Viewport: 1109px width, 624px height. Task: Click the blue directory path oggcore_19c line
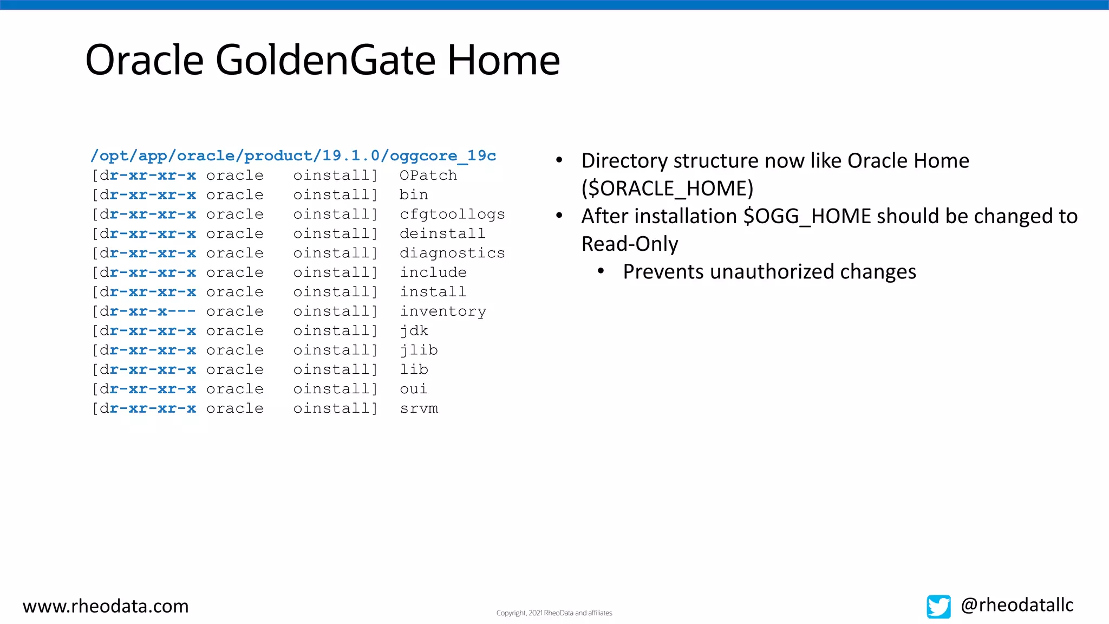point(293,156)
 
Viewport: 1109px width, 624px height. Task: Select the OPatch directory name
point(428,175)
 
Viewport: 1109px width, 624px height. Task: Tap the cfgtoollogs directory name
point(452,214)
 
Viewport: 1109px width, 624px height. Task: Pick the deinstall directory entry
point(442,234)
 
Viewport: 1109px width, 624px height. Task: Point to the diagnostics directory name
point(452,253)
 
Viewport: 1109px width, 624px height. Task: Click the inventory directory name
point(442,311)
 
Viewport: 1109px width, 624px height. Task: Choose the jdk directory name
point(414,331)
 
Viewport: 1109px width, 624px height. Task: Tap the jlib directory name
point(419,350)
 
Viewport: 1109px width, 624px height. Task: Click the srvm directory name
point(419,408)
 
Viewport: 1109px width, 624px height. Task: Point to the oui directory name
point(414,389)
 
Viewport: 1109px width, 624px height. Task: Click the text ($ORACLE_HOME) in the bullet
point(667,188)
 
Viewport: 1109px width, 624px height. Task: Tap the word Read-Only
point(629,244)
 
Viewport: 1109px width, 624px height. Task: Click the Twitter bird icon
point(938,606)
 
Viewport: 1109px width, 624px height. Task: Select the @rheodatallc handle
point(1017,605)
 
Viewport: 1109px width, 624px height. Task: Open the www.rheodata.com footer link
point(106,606)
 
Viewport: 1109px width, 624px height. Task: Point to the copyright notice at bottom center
point(554,613)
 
